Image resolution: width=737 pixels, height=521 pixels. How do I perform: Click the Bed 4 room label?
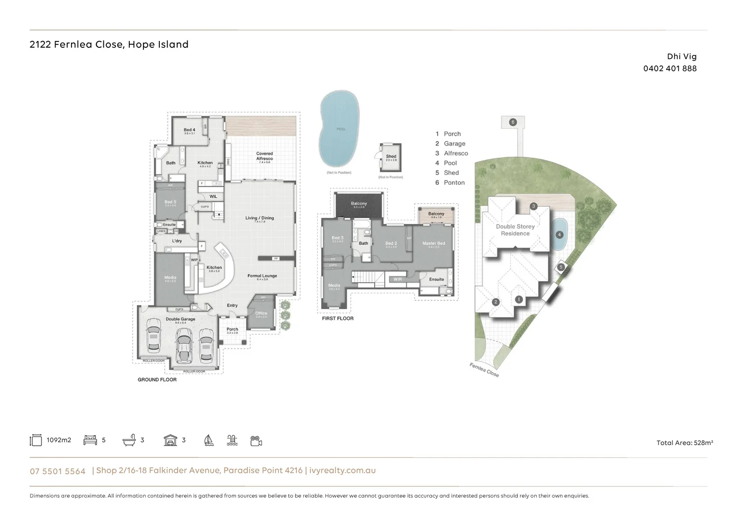tap(189, 130)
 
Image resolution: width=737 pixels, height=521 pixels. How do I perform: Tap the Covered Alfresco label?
tap(264, 156)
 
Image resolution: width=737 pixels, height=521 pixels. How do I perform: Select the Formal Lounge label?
tap(262, 276)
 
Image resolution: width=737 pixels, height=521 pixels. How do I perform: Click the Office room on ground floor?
tap(261, 314)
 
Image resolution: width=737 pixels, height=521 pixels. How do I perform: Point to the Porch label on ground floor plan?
tap(232, 330)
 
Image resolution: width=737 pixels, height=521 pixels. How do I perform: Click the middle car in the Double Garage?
tap(183, 344)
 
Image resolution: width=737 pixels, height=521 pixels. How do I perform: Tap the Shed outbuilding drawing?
tap(390, 157)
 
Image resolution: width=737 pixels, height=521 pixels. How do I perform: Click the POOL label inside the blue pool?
tap(341, 129)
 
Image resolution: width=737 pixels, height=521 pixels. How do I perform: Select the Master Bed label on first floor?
tap(433, 244)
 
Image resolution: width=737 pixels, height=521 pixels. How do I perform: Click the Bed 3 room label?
tap(337, 238)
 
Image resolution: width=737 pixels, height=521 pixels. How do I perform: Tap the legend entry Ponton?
tap(454, 183)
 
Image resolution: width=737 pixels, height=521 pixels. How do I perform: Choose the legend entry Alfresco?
tap(456, 153)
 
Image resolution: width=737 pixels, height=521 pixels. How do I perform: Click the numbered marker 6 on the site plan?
tap(513, 122)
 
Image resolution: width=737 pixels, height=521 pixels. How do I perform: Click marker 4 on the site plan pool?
tap(559, 235)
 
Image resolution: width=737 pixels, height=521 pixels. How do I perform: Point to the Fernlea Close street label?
tap(484, 370)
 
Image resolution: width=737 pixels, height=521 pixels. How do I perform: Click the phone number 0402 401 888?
tap(669, 69)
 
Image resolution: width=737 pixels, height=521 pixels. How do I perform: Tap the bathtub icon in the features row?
tap(129, 440)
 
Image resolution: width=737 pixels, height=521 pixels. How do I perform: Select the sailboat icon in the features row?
tap(209, 440)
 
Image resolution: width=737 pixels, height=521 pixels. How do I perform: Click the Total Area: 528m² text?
tap(684, 443)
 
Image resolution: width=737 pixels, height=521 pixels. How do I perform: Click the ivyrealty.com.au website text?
tap(342, 470)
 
